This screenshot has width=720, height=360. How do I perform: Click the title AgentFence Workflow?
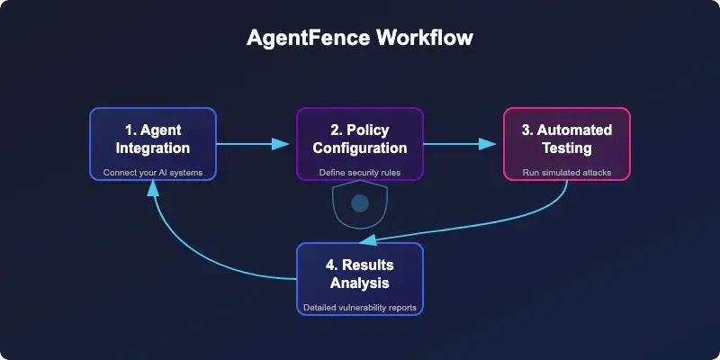click(360, 40)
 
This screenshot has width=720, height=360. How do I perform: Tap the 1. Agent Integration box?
click(153, 142)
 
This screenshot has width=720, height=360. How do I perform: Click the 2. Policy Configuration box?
click(360, 142)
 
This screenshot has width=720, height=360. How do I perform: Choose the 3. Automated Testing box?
click(566, 142)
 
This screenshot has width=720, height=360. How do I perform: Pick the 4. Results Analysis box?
click(360, 278)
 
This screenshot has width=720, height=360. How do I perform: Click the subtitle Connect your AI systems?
click(153, 172)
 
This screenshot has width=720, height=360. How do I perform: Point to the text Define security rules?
click(360, 172)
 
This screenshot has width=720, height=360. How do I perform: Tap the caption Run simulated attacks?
click(566, 172)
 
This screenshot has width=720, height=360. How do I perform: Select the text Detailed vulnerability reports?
click(360, 308)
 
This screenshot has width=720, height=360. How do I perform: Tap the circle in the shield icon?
click(360, 203)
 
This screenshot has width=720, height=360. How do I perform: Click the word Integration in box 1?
click(153, 148)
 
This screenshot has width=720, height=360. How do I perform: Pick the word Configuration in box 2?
click(360, 148)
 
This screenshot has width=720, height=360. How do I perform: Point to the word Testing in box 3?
click(566, 148)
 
